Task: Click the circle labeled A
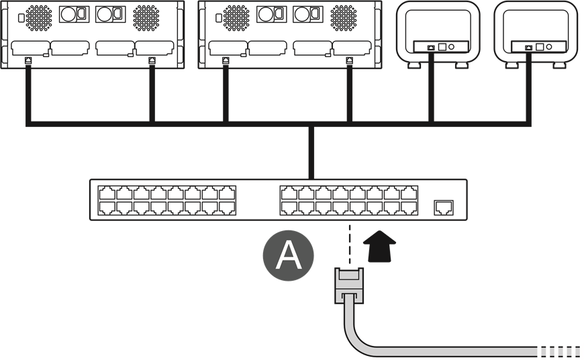coord(288,255)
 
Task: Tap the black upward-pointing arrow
coord(379,246)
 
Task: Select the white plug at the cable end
coord(349,285)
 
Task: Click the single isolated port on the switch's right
coord(443,208)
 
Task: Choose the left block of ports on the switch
coord(166,200)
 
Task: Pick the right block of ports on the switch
coord(348,200)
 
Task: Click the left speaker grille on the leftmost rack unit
coord(39,17)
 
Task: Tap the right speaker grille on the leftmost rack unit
coord(146,17)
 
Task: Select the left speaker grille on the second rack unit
coord(236,17)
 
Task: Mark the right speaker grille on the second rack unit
coord(344,17)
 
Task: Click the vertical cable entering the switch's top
coord(311,152)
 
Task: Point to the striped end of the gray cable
coord(558,351)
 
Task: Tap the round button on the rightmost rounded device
coord(549,47)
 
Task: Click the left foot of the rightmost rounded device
coord(512,65)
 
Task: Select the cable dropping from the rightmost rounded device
coord(528,87)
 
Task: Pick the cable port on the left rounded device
coord(431,48)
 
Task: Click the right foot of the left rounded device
coord(461,65)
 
